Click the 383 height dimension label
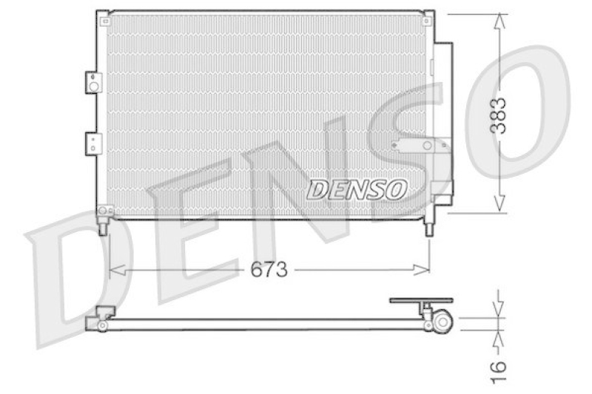click(x=501, y=115)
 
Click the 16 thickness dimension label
click(x=500, y=367)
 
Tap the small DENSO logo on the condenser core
click(x=357, y=190)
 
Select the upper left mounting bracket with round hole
click(x=92, y=82)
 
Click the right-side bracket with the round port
click(x=422, y=146)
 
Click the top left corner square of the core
click(x=102, y=16)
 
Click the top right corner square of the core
click(x=428, y=16)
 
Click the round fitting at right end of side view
click(x=443, y=321)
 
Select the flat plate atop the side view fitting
click(x=420, y=301)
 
